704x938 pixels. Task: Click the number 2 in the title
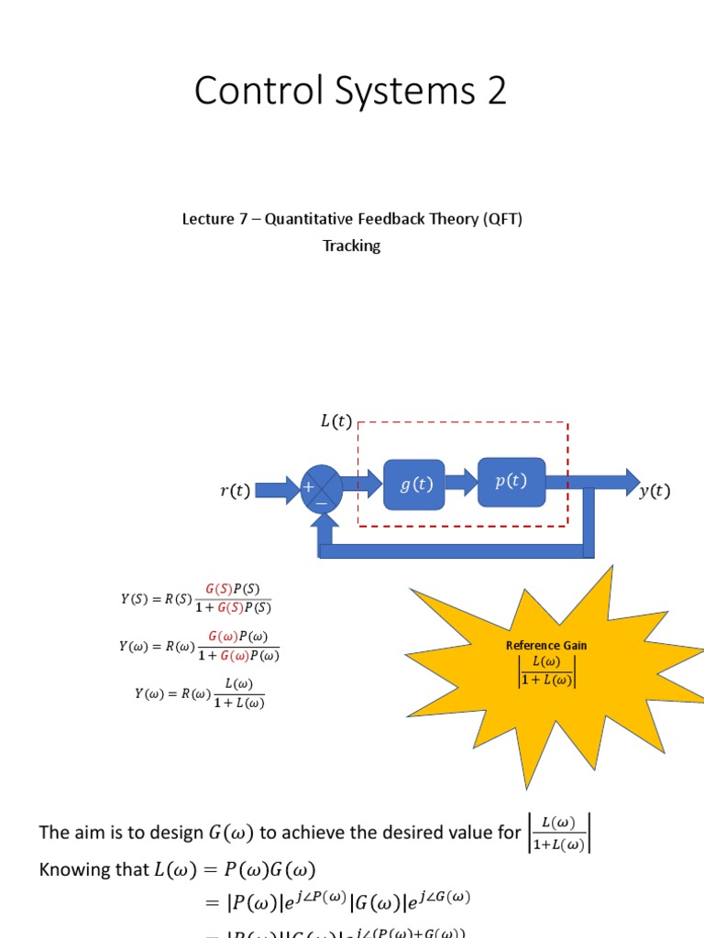[x=496, y=93]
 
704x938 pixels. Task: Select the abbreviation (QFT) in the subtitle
[x=503, y=220]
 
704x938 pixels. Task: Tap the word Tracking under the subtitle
[x=351, y=245]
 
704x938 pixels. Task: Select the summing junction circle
[x=321, y=489]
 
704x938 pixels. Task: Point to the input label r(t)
[x=235, y=491]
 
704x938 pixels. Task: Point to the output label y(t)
[x=654, y=491]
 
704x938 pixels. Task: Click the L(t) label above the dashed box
[x=335, y=421]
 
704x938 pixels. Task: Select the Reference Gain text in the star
[x=546, y=645]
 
